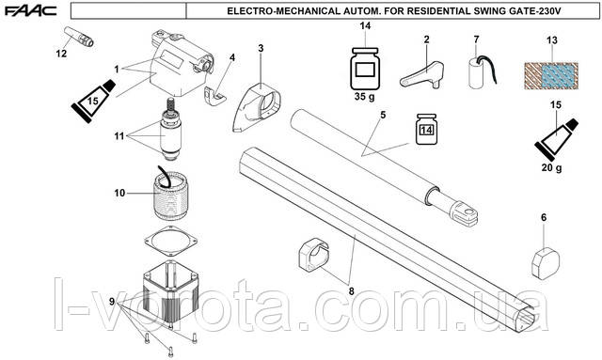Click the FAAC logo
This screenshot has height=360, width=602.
[31, 10]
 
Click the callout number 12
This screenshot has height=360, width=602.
[61, 54]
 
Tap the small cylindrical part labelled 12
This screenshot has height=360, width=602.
[79, 37]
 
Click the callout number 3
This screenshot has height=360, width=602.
[261, 48]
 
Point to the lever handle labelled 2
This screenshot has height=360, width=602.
[422, 75]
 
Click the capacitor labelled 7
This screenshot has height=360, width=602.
[482, 72]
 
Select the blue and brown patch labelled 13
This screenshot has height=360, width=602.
[551, 76]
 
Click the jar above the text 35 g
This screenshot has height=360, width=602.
[365, 69]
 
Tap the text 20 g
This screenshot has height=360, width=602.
[552, 167]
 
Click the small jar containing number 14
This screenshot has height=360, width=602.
[426, 129]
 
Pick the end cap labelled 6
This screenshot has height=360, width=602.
[546, 263]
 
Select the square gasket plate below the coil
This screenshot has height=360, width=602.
[171, 242]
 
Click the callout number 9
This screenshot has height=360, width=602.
[112, 302]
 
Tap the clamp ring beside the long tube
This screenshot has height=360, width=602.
[313, 254]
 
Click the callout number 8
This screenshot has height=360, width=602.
[351, 291]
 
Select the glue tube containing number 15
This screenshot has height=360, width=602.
[93, 101]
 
